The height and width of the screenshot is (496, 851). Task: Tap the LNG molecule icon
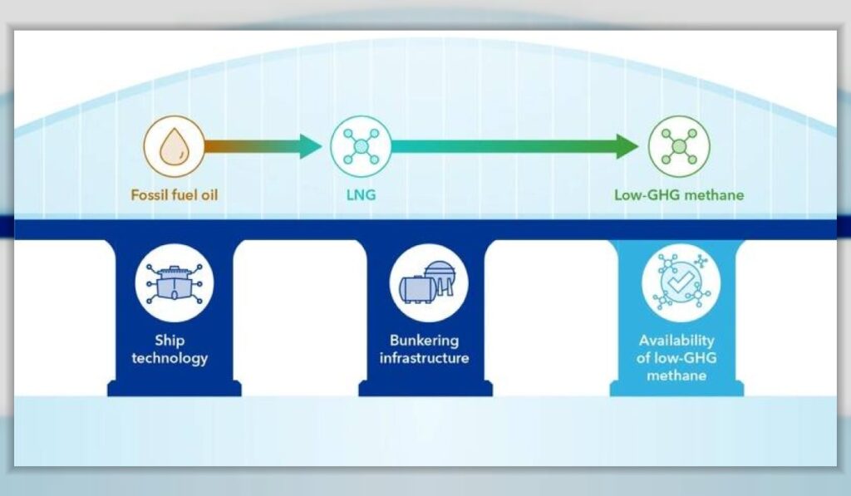click(361, 146)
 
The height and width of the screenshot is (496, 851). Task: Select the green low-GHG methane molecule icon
click(679, 146)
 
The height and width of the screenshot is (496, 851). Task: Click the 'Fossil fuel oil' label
click(175, 194)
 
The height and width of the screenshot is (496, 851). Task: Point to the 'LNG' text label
click(361, 194)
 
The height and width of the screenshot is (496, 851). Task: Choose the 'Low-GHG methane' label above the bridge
click(679, 194)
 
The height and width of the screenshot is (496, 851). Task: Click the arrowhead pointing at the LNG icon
click(311, 146)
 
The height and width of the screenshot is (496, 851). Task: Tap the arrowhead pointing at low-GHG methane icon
click(627, 146)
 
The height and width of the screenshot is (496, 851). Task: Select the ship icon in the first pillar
click(175, 282)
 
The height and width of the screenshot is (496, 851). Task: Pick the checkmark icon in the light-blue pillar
click(681, 282)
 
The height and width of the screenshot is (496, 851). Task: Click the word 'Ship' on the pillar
click(170, 341)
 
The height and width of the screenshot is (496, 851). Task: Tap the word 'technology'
click(170, 358)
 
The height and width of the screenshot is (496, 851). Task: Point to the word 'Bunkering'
click(425, 341)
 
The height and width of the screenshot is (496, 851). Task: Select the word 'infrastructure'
click(425, 358)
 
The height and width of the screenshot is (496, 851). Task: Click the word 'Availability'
click(676, 341)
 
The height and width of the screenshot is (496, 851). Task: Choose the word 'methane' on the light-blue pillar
click(676, 376)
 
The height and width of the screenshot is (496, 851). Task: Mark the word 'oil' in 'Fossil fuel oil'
click(209, 194)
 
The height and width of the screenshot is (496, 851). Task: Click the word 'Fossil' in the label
click(148, 194)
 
